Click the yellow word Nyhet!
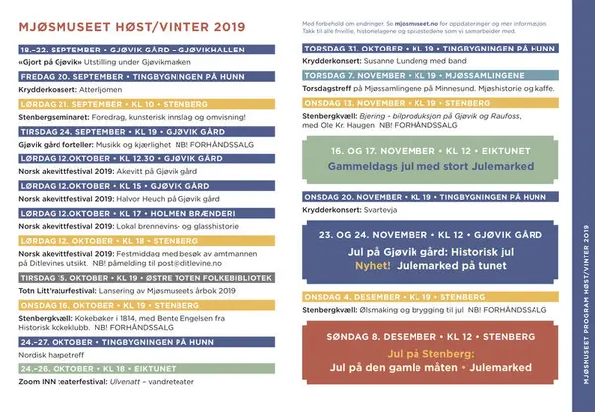click(x=370, y=265)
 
